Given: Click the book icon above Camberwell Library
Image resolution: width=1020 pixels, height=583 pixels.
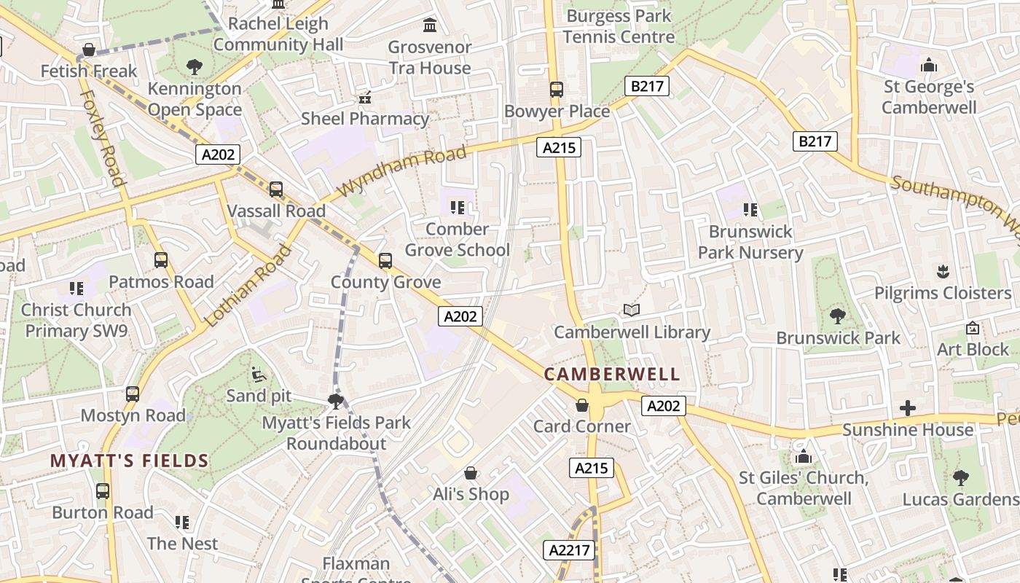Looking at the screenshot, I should click(632, 310).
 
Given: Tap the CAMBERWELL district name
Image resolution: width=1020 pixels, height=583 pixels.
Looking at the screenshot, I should click(612, 375).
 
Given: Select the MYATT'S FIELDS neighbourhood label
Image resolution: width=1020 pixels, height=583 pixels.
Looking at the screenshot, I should click(130, 461).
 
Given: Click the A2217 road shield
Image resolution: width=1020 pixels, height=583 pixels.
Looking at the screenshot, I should click(569, 550).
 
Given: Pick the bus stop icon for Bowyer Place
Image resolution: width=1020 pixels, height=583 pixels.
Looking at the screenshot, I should click(557, 90).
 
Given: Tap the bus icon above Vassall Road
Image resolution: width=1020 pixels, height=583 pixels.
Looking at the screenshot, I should click(276, 189).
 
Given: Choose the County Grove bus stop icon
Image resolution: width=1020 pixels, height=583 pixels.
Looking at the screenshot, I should click(385, 260).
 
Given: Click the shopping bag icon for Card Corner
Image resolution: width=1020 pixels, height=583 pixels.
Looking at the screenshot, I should click(582, 404).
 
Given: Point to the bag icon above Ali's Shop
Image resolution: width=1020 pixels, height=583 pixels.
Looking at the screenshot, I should click(471, 473).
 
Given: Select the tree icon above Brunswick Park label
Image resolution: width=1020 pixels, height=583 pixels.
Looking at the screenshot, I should click(838, 316).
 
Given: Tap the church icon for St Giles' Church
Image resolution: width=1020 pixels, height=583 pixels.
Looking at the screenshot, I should click(804, 457).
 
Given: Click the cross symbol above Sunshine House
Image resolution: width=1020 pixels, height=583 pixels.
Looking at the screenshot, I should click(908, 408).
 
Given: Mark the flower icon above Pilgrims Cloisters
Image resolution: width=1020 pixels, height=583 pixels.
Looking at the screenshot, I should click(943, 272).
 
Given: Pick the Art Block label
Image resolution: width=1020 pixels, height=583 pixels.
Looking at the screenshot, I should click(973, 349).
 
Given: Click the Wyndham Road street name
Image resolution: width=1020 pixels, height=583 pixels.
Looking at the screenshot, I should click(402, 171).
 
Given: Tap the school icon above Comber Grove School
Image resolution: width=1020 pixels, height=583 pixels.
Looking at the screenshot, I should click(458, 208).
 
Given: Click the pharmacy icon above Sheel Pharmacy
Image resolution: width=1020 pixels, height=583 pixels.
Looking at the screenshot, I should click(365, 97).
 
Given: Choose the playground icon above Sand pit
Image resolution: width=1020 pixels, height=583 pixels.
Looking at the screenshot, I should click(259, 375).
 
